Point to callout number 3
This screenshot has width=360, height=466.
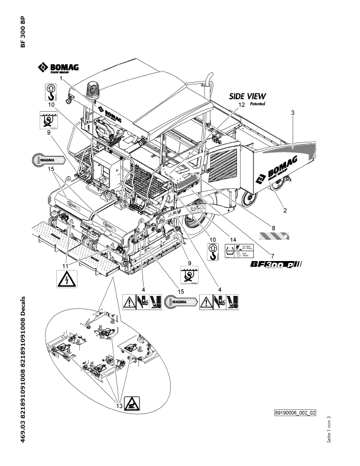(x=293, y=111)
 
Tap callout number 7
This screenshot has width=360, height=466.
(x=272, y=255)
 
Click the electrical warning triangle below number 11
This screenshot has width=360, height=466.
(x=66, y=278)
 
